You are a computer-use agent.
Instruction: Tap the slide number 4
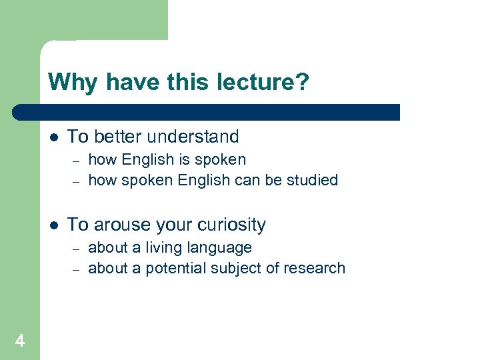19,341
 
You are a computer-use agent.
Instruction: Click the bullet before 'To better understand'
54,137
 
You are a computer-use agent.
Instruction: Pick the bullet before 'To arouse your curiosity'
54,225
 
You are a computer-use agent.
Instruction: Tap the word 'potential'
173,268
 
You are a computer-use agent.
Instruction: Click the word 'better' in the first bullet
116,137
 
